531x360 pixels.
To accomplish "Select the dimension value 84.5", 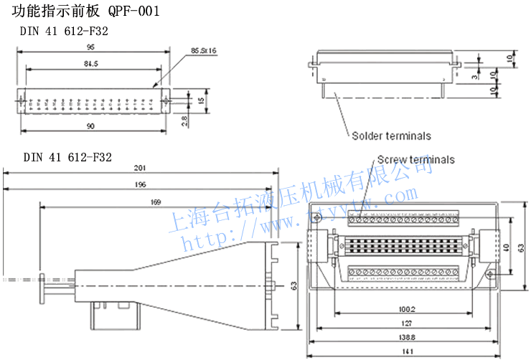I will pyautogui.click(x=91, y=64).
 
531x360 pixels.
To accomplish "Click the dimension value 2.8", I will pyautogui.click(x=185, y=120).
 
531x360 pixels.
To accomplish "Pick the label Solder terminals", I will pyautogui.click(x=391, y=136).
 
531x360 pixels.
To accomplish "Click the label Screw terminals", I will pyautogui.click(x=415, y=160).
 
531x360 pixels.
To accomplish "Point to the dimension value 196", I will pyautogui.click(x=141, y=184).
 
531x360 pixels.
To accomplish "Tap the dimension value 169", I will pyautogui.click(x=155, y=203).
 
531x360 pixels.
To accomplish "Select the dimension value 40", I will pyautogui.click(x=507, y=247).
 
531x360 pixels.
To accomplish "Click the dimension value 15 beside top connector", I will pyautogui.click(x=202, y=101).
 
